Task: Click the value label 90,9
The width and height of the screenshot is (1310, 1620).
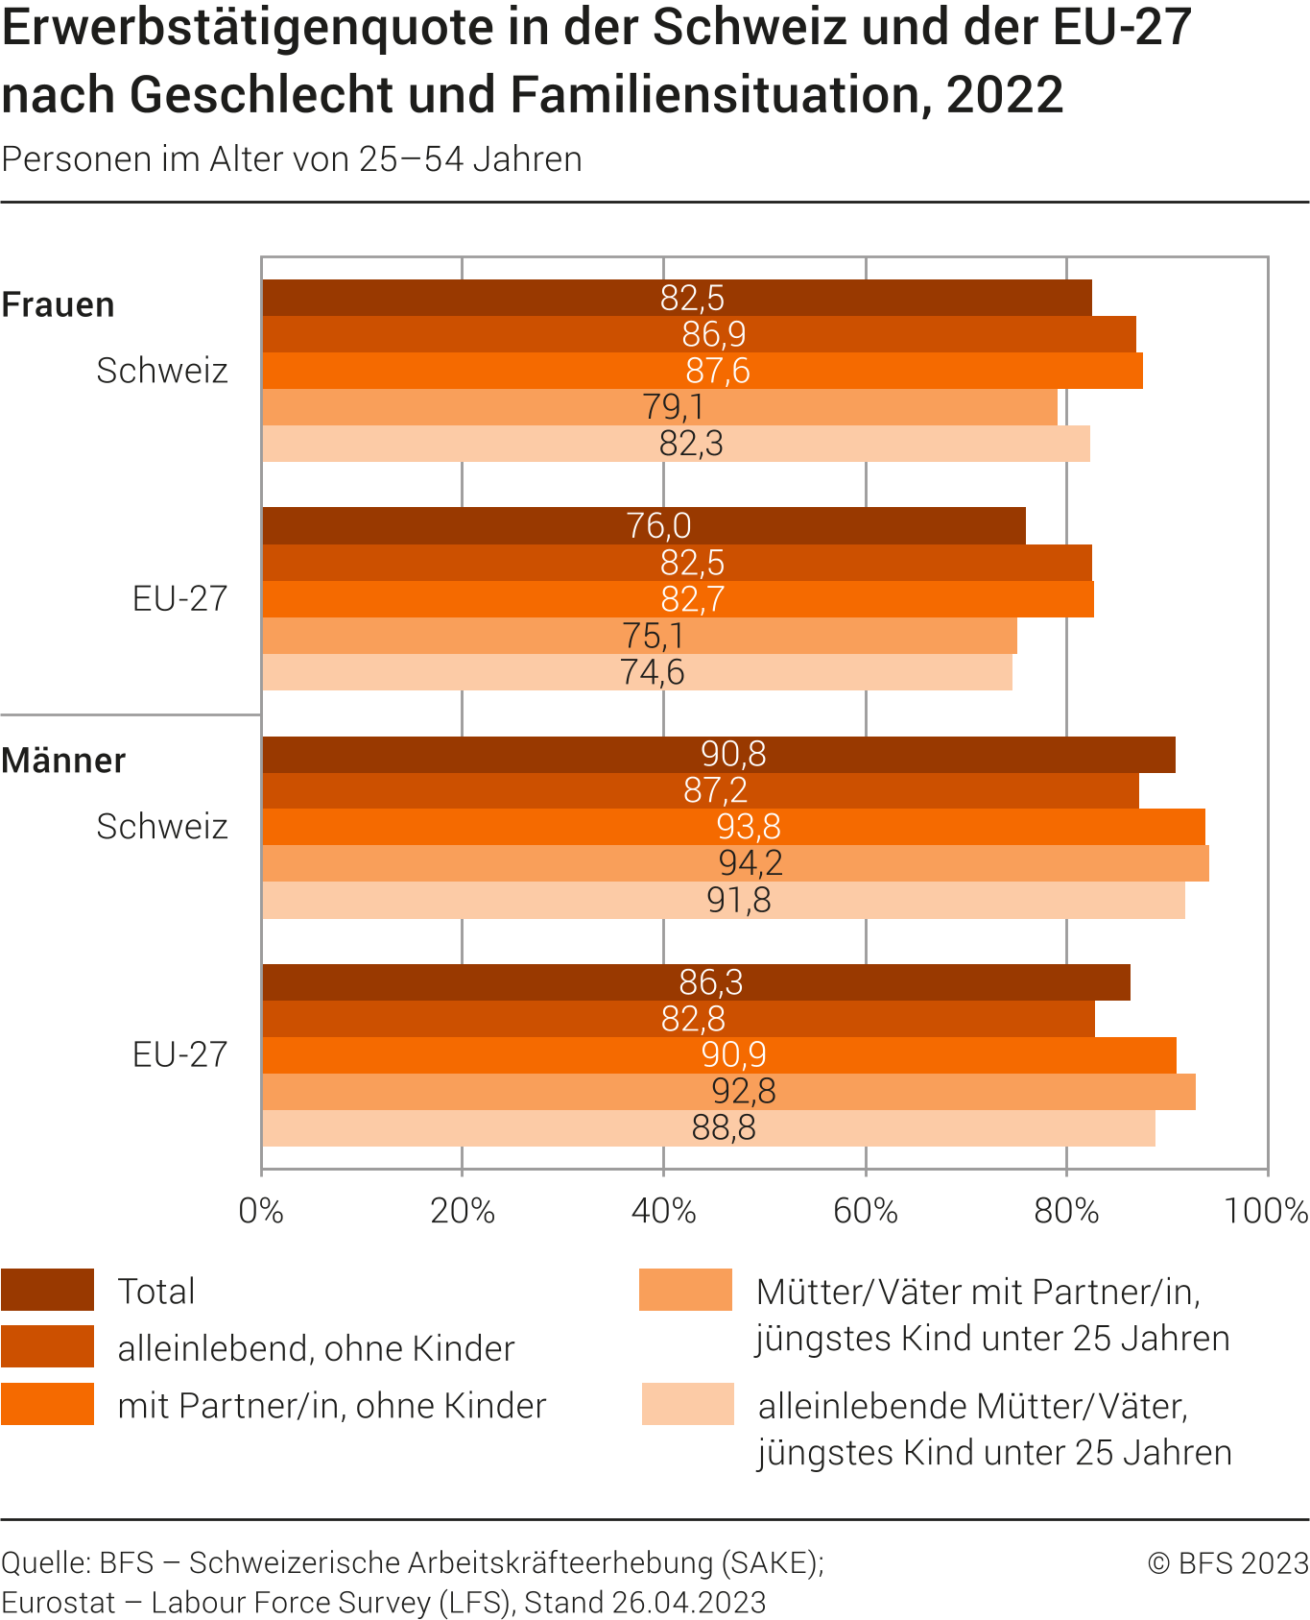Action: [x=734, y=1055]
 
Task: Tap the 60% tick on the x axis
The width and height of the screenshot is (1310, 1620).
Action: [x=865, y=1211]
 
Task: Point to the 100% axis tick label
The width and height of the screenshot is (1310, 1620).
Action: [x=1266, y=1211]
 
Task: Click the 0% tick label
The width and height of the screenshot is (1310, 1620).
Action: [x=261, y=1211]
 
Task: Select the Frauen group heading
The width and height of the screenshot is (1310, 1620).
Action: [x=59, y=304]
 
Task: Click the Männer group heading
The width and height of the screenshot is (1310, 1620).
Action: [x=63, y=761]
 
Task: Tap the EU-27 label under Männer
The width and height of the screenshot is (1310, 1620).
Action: [x=179, y=1054]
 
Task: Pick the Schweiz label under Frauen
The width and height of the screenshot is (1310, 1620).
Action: [x=162, y=371]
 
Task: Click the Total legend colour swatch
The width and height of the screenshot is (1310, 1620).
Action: [x=48, y=1290]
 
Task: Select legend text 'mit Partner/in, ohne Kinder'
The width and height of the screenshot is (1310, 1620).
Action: [x=331, y=1405]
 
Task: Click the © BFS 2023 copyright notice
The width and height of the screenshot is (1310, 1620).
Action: [x=1227, y=1563]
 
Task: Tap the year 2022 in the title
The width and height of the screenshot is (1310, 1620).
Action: [x=1005, y=95]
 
